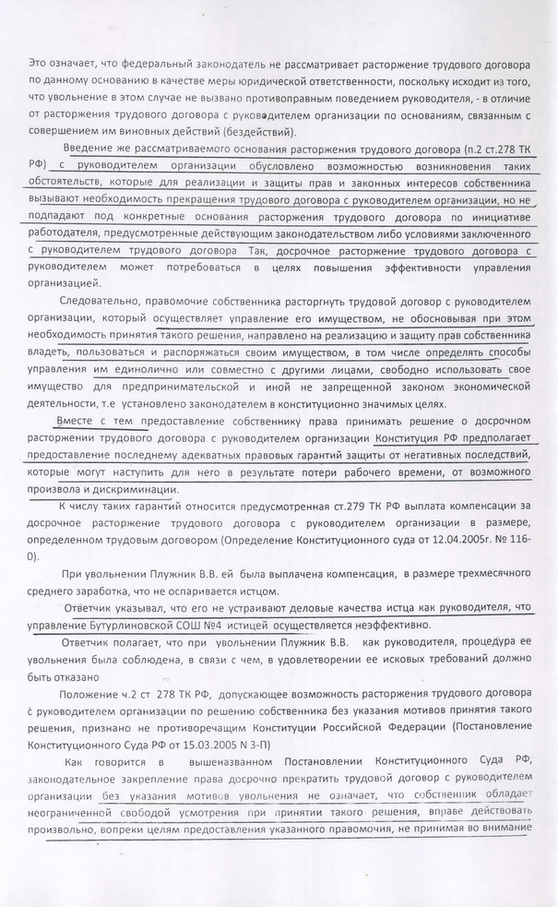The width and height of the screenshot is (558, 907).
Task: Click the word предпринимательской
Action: pyautogui.click(x=195, y=386)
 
